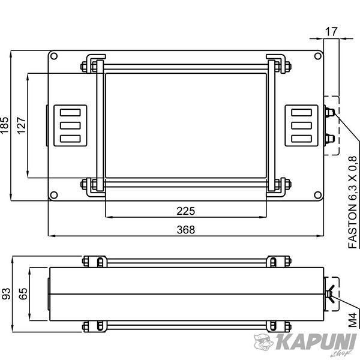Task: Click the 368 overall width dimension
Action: point(186,230)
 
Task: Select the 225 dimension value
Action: point(186,211)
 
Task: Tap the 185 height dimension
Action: point(4,125)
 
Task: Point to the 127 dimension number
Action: point(21,125)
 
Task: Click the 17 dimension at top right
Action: point(331,32)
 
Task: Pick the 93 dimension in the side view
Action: point(6,293)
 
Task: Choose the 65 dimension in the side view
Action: point(23,293)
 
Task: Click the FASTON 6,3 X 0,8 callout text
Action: point(353,202)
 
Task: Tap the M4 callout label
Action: point(353,320)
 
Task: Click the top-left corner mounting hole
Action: point(54,56)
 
